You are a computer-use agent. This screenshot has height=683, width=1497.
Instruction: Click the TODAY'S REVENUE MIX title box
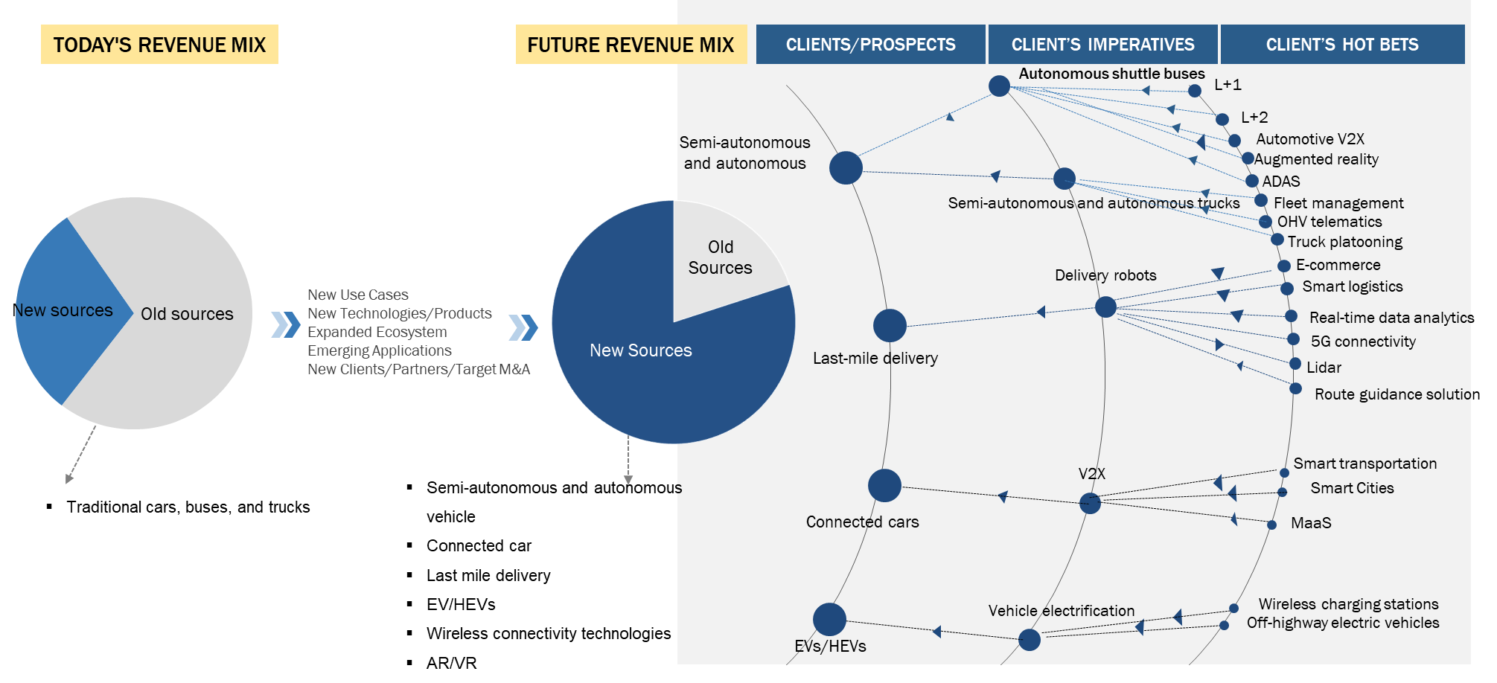159,45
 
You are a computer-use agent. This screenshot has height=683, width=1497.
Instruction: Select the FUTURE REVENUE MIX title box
631,45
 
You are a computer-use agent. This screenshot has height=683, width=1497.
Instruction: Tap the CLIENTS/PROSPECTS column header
870,45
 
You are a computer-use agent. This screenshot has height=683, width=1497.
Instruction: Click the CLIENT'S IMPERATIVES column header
1102,45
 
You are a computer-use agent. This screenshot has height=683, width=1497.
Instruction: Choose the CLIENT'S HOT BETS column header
1342,45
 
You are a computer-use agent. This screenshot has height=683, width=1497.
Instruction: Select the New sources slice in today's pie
67,310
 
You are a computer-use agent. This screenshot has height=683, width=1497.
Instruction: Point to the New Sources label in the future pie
640,350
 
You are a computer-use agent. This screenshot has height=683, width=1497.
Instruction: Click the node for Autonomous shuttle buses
999,86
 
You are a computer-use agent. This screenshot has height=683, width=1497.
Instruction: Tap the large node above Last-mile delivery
890,325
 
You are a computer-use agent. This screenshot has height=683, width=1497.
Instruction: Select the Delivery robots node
1105,307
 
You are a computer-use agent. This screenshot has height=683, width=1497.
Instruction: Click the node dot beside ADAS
1252,181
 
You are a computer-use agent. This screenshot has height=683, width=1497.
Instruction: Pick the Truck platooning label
1344,242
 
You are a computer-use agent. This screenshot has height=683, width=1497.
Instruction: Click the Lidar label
1324,368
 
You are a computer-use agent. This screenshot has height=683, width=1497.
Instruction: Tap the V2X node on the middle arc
1090,504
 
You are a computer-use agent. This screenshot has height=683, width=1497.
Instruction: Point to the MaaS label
1311,523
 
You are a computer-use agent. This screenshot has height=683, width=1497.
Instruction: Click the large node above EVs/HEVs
829,619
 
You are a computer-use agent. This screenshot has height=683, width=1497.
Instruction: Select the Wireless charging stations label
1348,604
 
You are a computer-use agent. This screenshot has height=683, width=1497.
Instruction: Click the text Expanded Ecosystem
377,332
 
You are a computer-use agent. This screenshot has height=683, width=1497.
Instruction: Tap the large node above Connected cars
884,486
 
